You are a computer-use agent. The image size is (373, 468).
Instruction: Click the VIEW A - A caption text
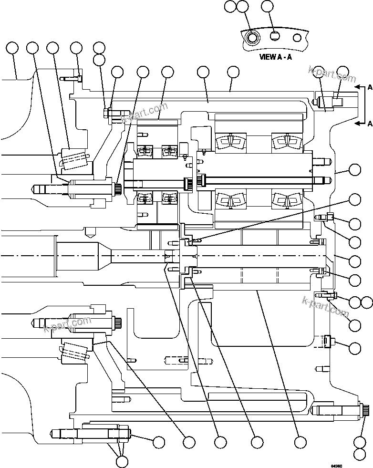275,56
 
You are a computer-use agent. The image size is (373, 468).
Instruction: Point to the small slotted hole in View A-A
274,36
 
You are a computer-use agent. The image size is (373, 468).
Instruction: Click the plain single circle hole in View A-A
297,37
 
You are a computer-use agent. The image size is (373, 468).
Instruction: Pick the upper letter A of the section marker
370,87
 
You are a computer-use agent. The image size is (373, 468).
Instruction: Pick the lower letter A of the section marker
370,124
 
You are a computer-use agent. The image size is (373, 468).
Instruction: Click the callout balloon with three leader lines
122,461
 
